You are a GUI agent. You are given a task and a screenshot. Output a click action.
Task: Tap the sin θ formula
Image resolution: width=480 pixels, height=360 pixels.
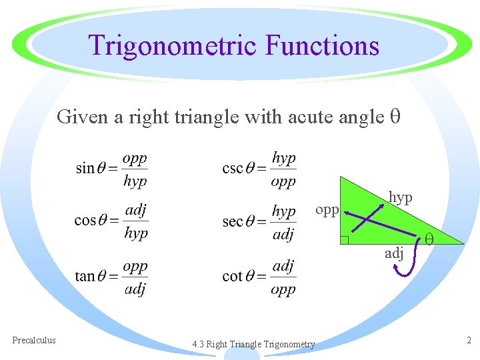[111, 169]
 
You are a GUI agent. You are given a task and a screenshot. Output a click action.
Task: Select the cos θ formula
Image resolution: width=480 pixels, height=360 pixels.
[111, 221]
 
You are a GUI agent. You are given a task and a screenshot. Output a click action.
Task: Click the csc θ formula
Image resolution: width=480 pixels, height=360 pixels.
[259, 169]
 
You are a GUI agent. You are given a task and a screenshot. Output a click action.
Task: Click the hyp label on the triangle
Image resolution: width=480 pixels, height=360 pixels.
[401, 197]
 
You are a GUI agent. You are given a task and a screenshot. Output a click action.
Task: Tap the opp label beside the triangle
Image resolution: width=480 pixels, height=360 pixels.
[327, 210]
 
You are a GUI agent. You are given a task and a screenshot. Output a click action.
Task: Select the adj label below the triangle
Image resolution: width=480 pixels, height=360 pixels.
[393, 253]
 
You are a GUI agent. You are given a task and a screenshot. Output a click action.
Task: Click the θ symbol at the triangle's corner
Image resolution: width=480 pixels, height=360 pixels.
[430, 237]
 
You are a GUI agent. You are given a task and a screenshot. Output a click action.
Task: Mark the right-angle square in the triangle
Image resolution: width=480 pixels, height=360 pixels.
[344, 240]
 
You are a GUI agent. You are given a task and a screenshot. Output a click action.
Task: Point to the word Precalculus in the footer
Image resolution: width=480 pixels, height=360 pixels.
[34, 340]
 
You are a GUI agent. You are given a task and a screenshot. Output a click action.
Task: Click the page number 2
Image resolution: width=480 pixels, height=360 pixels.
[469, 340]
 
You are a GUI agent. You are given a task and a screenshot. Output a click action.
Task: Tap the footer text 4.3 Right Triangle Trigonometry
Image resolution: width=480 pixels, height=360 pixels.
[253, 344]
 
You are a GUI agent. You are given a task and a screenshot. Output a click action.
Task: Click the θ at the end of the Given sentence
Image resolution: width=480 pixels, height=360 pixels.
[394, 117]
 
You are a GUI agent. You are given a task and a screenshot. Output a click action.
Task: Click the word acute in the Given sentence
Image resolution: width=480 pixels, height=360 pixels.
[310, 117]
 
